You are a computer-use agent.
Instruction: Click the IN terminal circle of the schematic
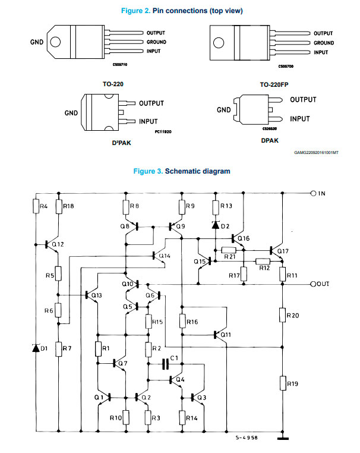click(313, 193)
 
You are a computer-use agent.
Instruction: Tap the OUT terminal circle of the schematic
click(313, 284)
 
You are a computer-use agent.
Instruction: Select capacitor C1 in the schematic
click(165, 364)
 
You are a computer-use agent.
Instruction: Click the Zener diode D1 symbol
click(36, 348)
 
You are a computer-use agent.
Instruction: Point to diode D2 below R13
click(216, 225)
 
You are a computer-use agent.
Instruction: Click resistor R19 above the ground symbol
click(283, 383)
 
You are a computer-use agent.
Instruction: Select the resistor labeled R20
click(283, 315)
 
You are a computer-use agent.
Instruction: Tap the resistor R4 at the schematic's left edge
click(36, 206)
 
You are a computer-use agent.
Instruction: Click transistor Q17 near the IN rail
click(276, 251)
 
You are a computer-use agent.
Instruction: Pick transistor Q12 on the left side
click(52, 245)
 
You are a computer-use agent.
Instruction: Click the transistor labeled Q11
click(221, 335)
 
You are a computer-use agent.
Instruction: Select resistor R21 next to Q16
click(229, 250)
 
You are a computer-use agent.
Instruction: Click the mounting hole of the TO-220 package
click(55, 42)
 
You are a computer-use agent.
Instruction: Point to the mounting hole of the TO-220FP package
click(219, 43)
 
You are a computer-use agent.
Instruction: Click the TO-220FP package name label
click(274, 84)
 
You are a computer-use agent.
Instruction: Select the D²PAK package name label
click(122, 143)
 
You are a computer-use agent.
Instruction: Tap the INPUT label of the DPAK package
click(299, 119)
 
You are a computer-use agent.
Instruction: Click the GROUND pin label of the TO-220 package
click(156, 42)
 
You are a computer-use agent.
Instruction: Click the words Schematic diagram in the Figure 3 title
click(197, 171)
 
